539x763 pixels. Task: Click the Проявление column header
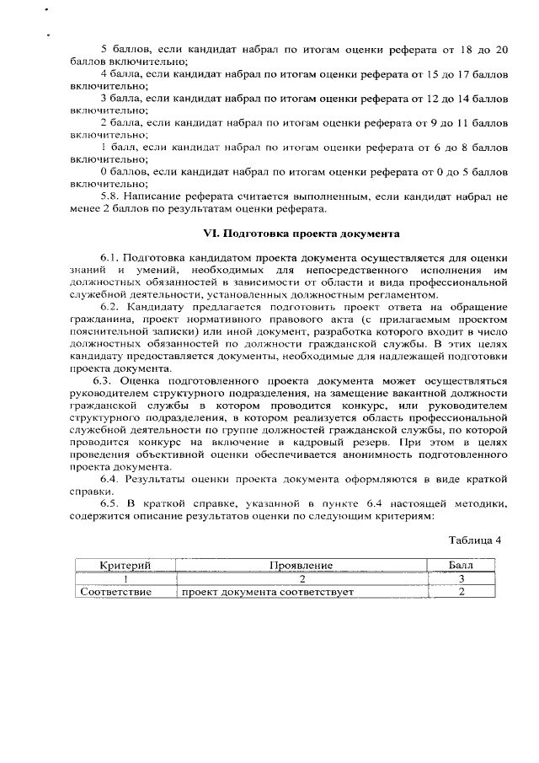pyautogui.click(x=302, y=565)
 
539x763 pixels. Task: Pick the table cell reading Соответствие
pyautogui.click(x=115, y=592)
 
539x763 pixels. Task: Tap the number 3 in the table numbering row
pyautogui.click(x=462, y=578)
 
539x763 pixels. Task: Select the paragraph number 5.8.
pyautogui.click(x=112, y=196)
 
